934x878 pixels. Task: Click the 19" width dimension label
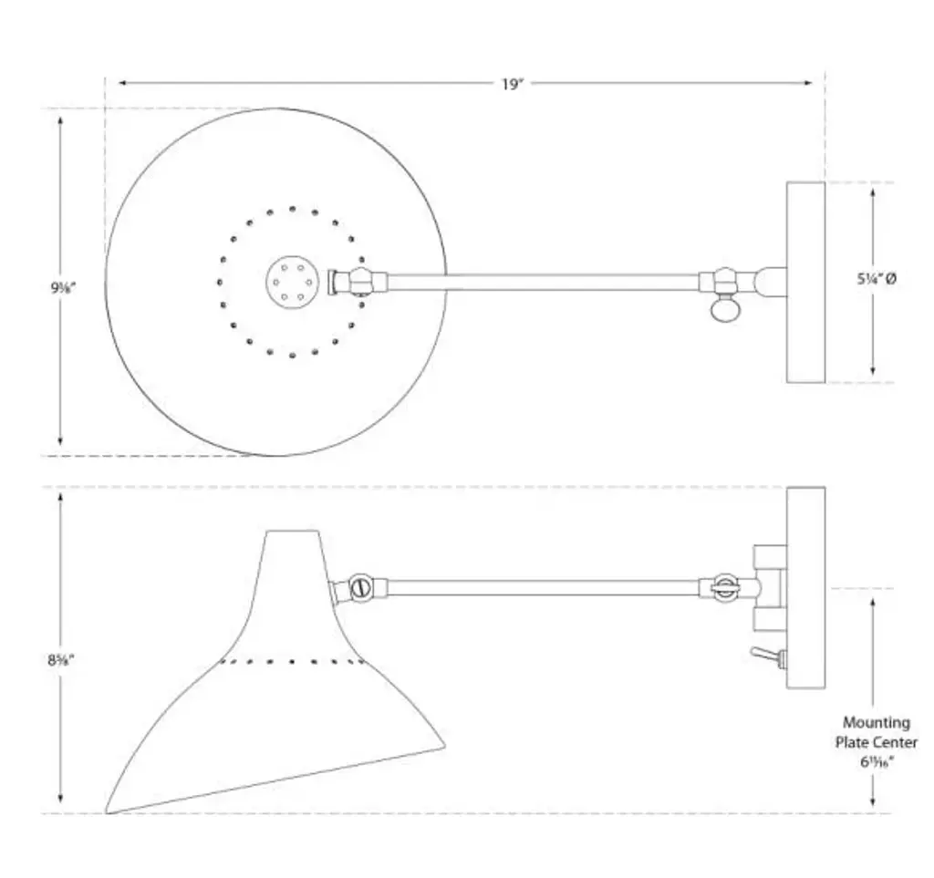(x=513, y=84)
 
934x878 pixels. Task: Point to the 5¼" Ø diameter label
(x=876, y=281)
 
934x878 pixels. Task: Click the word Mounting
(x=876, y=723)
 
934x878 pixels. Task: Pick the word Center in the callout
(x=896, y=742)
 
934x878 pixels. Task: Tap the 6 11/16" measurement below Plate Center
(x=876, y=762)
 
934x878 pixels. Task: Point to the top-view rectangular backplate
(x=805, y=282)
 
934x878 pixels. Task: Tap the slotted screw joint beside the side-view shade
(x=361, y=588)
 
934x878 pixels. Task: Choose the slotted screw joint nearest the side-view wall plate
(x=724, y=588)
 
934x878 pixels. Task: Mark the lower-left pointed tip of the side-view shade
(x=109, y=811)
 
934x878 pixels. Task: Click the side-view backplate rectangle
(x=805, y=587)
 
